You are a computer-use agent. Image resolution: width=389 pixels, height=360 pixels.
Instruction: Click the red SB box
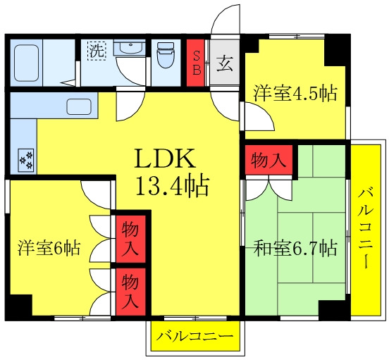[197, 63]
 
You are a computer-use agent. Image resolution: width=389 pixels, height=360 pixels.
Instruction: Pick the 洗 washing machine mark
[95, 51]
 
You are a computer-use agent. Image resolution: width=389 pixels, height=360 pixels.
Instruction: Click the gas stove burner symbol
[26, 160]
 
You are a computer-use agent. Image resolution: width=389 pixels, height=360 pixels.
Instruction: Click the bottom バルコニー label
[195, 337]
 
